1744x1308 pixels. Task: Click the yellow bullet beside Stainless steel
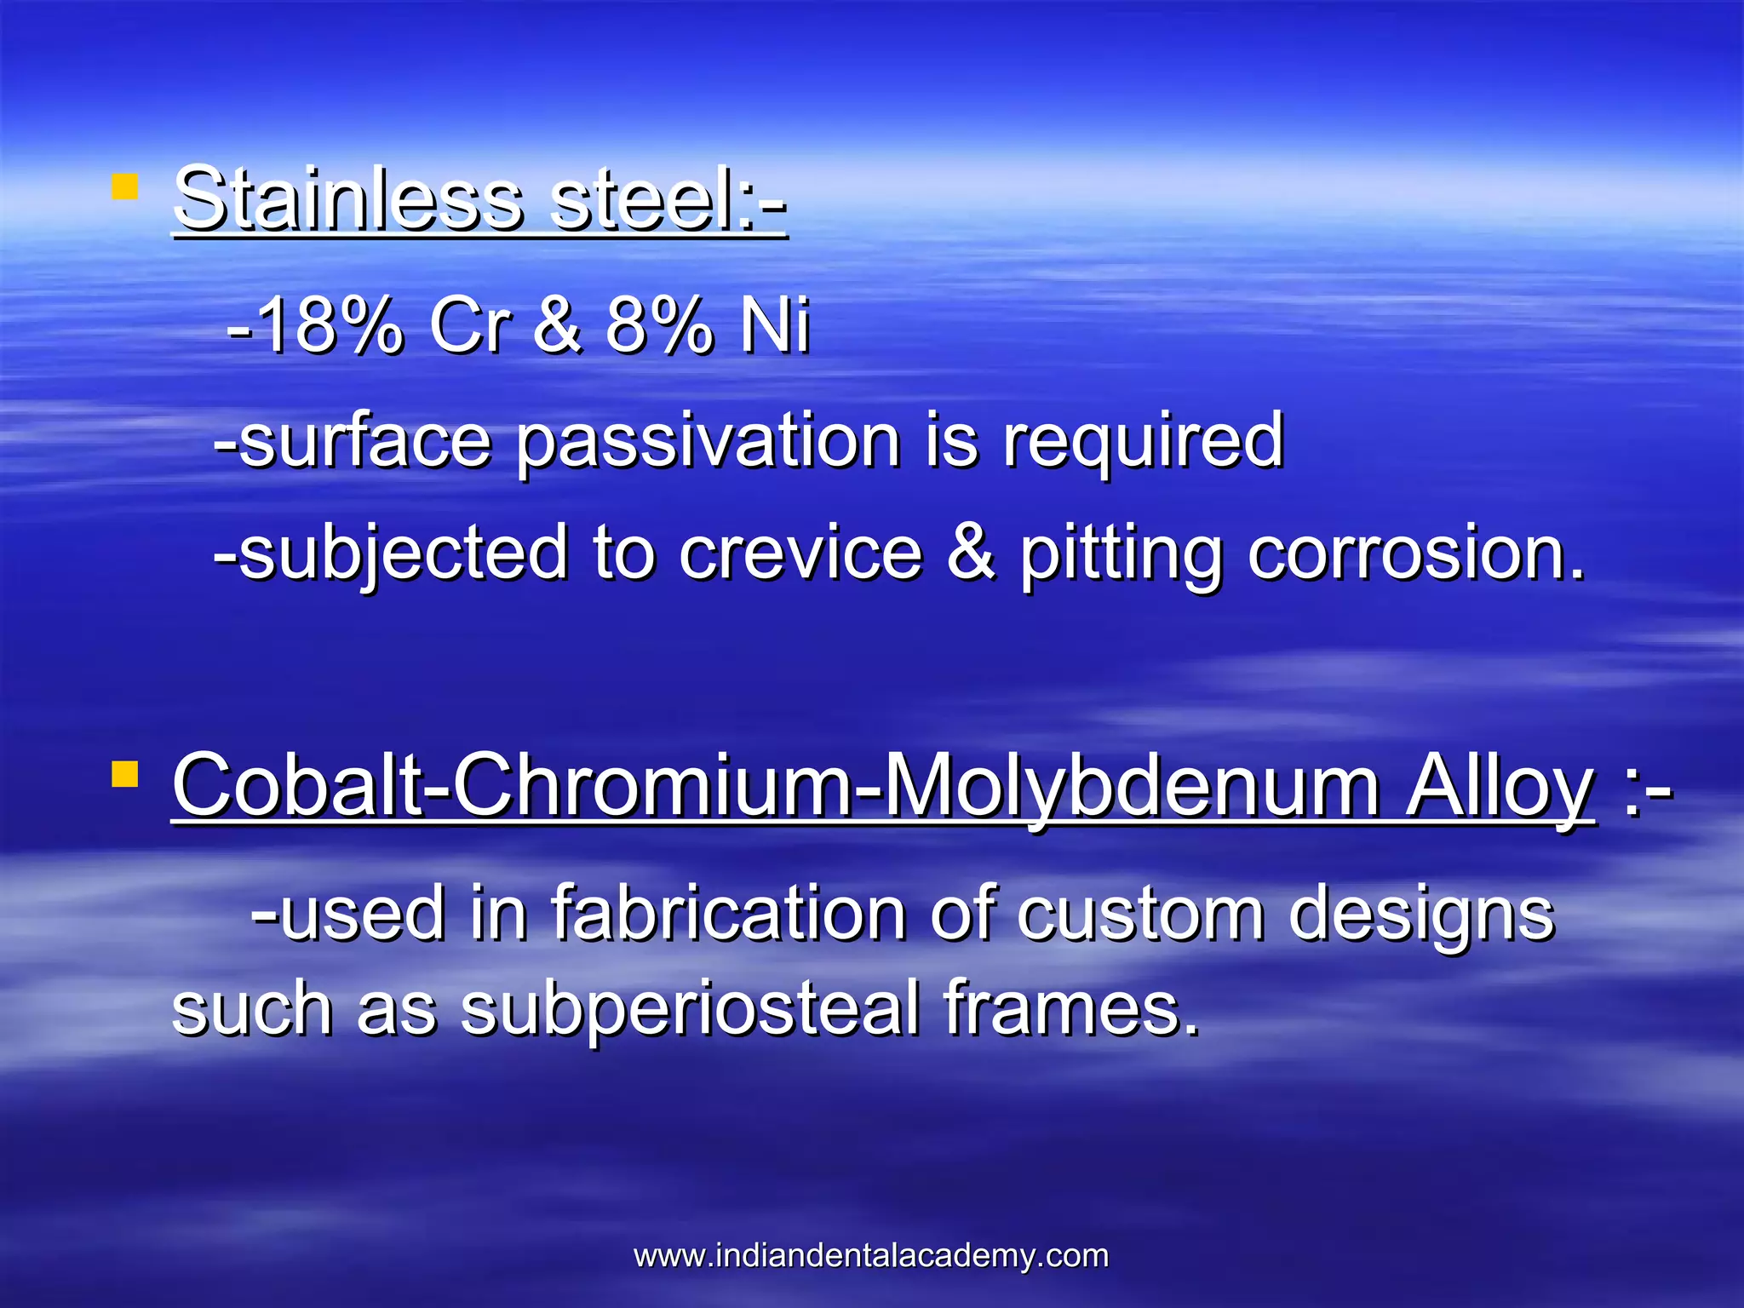click(x=124, y=186)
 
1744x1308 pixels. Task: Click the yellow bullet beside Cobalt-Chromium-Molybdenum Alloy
click(x=124, y=774)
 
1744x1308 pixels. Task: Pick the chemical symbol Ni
click(x=774, y=326)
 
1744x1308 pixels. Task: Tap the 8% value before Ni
click(x=658, y=326)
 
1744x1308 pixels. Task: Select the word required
click(x=1142, y=443)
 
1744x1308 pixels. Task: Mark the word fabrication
click(x=728, y=913)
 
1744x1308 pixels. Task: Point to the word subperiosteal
click(x=690, y=1010)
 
